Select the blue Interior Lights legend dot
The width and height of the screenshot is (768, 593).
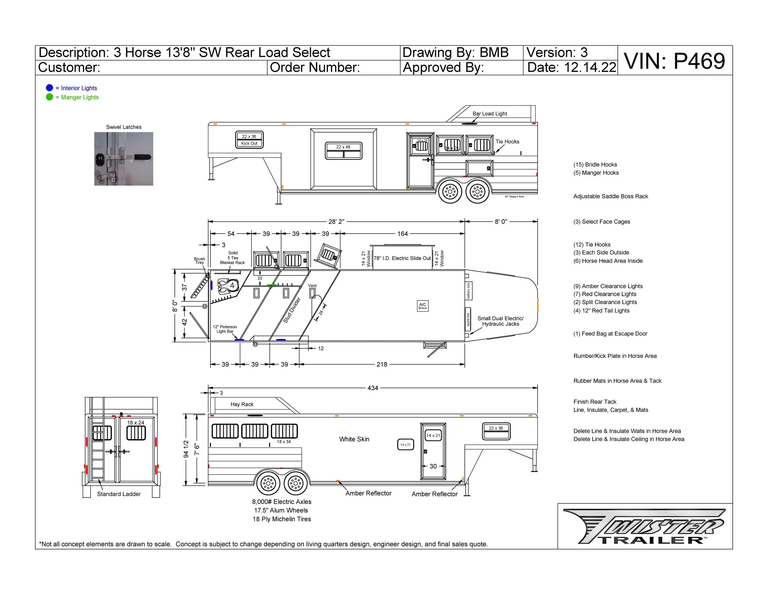(49, 88)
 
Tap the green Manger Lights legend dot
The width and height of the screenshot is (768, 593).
(49, 97)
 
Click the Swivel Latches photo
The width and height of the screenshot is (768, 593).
(124, 159)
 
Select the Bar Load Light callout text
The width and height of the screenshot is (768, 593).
(489, 114)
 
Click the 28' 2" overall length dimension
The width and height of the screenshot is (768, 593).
(336, 222)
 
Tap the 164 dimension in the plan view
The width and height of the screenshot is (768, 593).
(403, 234)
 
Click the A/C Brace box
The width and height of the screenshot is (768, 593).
(423, 306)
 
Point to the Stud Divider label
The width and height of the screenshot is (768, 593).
(292, 310)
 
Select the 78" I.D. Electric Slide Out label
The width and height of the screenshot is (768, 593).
(402, 258)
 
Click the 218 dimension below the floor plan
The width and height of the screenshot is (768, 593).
(382, 365)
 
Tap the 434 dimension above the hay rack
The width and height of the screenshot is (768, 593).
(373, 388)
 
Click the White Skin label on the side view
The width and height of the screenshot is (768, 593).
(354, 439)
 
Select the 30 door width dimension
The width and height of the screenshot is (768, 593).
(433, 466)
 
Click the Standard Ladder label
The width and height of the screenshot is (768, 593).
(119, 494)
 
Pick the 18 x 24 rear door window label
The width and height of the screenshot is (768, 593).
(136, 423)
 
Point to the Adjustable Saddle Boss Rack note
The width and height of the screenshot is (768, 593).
(610, 196)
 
